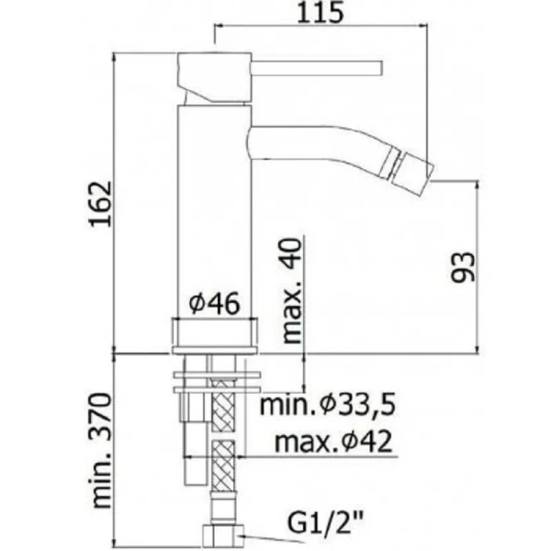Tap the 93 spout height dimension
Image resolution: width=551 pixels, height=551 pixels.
[x=466, y=266]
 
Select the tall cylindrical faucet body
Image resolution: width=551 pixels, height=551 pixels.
[x=214, y=211]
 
